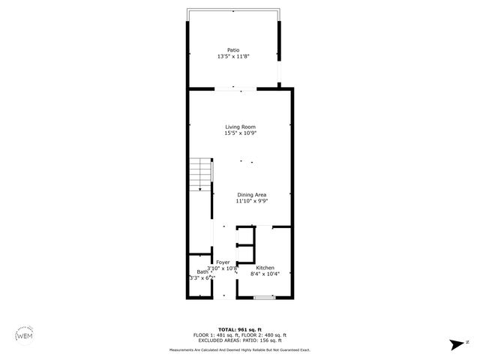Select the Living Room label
pos(240,127)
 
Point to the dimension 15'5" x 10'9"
pos(240,133)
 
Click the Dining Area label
pos(251,195)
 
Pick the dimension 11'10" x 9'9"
pos(251,201)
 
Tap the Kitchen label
pos(265,268)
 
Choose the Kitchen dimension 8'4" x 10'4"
pos(265,274)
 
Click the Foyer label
pos(223,262)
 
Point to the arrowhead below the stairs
pos(199,190)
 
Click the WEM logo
pos(25,335)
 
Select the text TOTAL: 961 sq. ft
pos(239,329)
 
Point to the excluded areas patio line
pos(239,340)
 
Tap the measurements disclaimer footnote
pos(239,349)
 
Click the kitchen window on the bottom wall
pos(264,298)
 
